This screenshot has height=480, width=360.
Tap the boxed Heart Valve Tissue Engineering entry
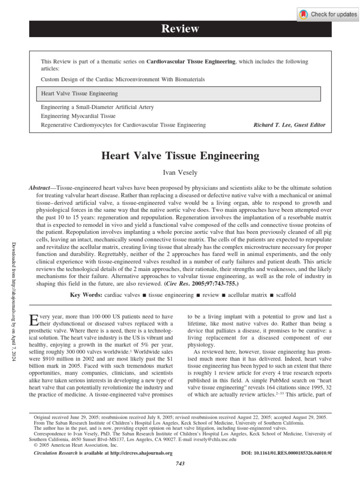coord(79,94)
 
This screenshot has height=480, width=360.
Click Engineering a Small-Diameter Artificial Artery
coord(97,107)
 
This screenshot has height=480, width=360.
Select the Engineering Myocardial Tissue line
coord(78,116)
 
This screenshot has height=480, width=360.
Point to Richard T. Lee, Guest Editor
coord(289,125)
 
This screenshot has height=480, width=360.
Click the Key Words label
coord(86,295)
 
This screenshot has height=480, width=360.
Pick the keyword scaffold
coord(284,295)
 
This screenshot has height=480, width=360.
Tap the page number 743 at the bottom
coord(180,464)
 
